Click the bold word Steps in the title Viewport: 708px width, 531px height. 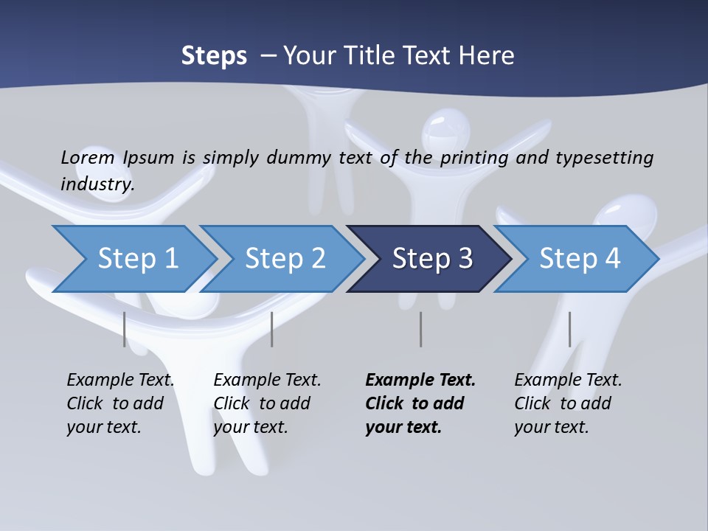tap(214, 56)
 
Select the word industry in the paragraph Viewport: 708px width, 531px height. tap(97, 184)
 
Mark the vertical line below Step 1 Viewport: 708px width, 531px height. tap(125, 329)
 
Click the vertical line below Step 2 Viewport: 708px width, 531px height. tap(272, 329)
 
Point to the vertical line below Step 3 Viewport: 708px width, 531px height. tap(420, 329)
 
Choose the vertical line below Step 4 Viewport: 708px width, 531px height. tap(569, 329)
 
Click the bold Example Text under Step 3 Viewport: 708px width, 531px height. tap(420, 381)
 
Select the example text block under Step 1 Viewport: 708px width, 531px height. tap(120, 403)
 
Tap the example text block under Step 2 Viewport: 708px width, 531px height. tap(267, 403)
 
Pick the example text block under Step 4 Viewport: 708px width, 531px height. tap(568, 403)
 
